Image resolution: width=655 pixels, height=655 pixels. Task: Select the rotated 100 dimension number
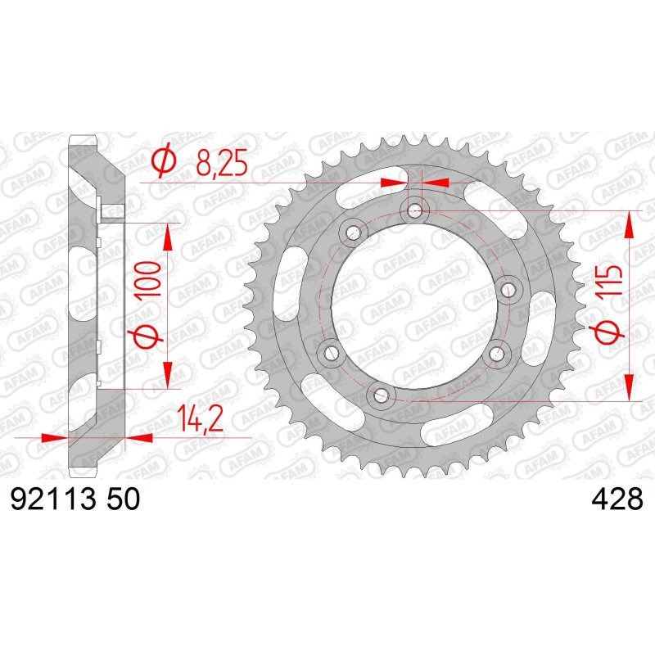(x=148, y=279)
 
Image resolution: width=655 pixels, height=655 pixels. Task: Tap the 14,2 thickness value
(x=199, y=418)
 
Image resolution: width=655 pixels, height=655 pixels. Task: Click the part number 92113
(x=53, y=499)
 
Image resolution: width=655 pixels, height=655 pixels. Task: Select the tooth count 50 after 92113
(x=123, y=499)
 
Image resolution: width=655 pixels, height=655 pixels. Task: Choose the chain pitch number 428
(x=617, y=499)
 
